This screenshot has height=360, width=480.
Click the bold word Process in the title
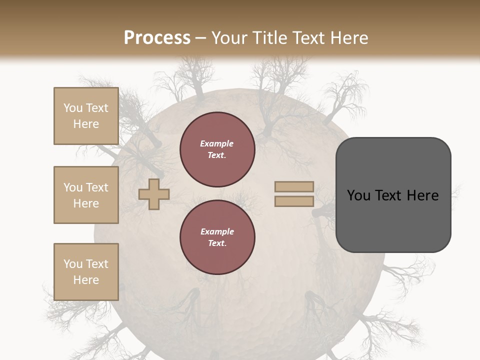[x=157, y=38]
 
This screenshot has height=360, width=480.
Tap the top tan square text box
[x=86, y=116]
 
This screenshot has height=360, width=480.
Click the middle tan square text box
[x=86, y=195]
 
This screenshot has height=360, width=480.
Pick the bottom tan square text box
[x=86, y=271]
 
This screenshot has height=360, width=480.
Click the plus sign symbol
[x=154, y=194]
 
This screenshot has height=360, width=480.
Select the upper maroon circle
[x=217, y=149]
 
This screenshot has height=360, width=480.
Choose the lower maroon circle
[x=217, y=237]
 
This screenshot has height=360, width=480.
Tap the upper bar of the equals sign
[x=294, y=186]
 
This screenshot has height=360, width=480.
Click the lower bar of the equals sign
[x=294, y=201]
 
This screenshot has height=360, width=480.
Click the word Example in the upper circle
[x=217, y=143]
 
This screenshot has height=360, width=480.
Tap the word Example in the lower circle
[x=217, y=231]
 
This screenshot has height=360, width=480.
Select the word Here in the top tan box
[x=86, y=124]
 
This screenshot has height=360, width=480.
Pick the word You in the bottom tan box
[x=73, y=264]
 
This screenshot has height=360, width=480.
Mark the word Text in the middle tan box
[x=97, y=187]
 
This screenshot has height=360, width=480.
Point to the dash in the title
[x=201, y=38]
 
